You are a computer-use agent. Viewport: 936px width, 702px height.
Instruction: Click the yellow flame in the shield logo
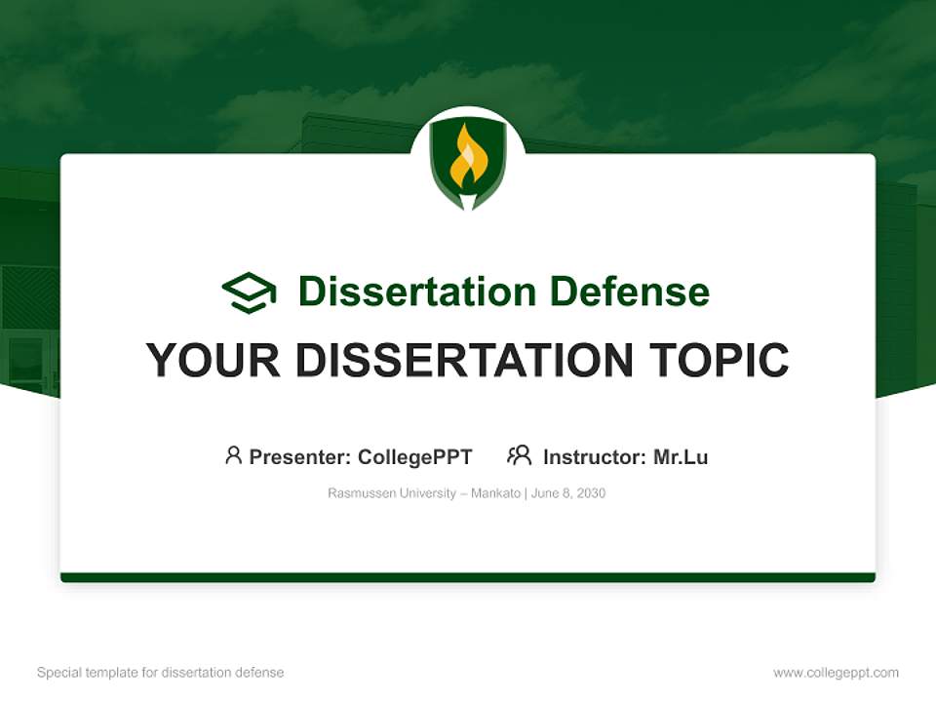pyautogui.click(x=467, y=158)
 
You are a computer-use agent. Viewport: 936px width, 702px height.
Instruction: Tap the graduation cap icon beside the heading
pyautogui.click(x=249, y=292)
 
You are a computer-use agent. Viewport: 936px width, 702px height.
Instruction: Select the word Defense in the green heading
pyautogui.click(x=629, y=292)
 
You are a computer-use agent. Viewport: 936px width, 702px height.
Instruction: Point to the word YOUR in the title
pyautogui.click(x=214, y=360)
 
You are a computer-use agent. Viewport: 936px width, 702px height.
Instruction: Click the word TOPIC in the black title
pyautogui.click(x=719, y=360)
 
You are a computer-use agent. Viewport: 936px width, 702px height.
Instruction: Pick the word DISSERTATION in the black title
pyautogui.click(x=464, y=360)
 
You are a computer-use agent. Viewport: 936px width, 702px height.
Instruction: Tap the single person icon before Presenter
pyautogui.click(x=233, y=455)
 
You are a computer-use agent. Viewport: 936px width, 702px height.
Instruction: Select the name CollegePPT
pyautogui.click(x=415, y=457)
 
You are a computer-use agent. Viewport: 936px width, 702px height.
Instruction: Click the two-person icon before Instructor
pyautogui.click(x=520, y=455)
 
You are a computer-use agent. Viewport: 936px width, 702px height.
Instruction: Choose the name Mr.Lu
pyautogui.click(x=681, y=457)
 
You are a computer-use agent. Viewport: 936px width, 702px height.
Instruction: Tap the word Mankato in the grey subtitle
pyautogui.click(x=495, y=493)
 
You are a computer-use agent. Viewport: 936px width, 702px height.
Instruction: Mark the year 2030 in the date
pyautogui.click(x=591, y=493)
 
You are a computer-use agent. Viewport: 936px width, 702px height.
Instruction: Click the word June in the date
pyautogui.click(x=544, y=493)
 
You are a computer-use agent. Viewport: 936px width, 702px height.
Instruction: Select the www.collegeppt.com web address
pyautogui.click(x=836, y=673)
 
